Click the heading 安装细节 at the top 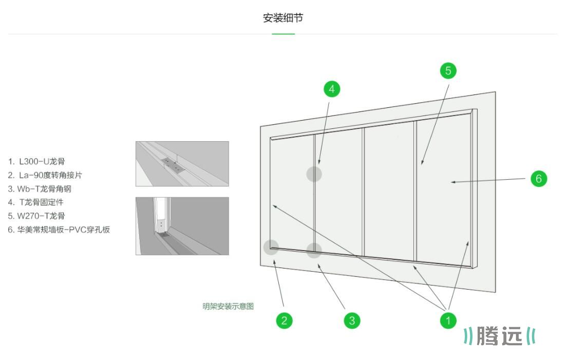coord(283,18)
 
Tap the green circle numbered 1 coord(448,321)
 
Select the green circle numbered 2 coord(284,321)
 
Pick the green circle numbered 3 coord(352,321)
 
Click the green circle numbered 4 coord(332,89)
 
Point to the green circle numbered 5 coord(448,70)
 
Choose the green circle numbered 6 coord(539,178)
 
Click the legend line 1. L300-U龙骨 coord(36,161)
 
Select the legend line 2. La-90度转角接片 coord(45,175)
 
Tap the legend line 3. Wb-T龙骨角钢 coord(40,189)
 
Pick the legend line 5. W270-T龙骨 coord(36,216)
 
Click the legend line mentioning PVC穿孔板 coord(59,230)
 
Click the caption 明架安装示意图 coord(228,307)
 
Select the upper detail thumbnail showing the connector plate coord(182,164)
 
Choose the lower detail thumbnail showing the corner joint coord(182,226)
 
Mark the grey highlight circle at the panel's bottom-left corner coord(271,248)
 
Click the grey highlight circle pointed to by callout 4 coord(314,174)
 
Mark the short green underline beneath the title coord(283,34)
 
